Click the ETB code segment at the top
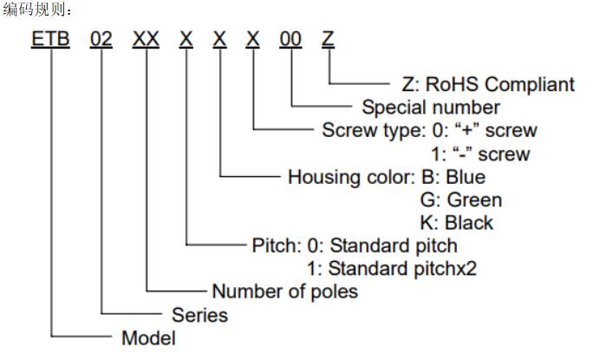coord(50,39)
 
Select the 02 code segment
coord(101,39)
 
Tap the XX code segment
coord(146,39)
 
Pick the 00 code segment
coord(290,39)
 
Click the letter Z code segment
coord(328,39)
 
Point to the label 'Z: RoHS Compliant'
coord(488,84)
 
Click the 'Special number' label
coord(431,107)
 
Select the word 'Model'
coord(148,337)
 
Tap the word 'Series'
coord(199,315)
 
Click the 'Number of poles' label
coord(284,291)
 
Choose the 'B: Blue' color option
coord(453,177)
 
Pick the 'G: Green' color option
coord(461,200)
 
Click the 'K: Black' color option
coord(457,223)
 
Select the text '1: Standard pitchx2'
coord(391,269)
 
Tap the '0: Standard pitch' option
coord(382,245)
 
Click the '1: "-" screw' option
coord(480,154)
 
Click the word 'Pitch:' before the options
coord(277,245)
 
